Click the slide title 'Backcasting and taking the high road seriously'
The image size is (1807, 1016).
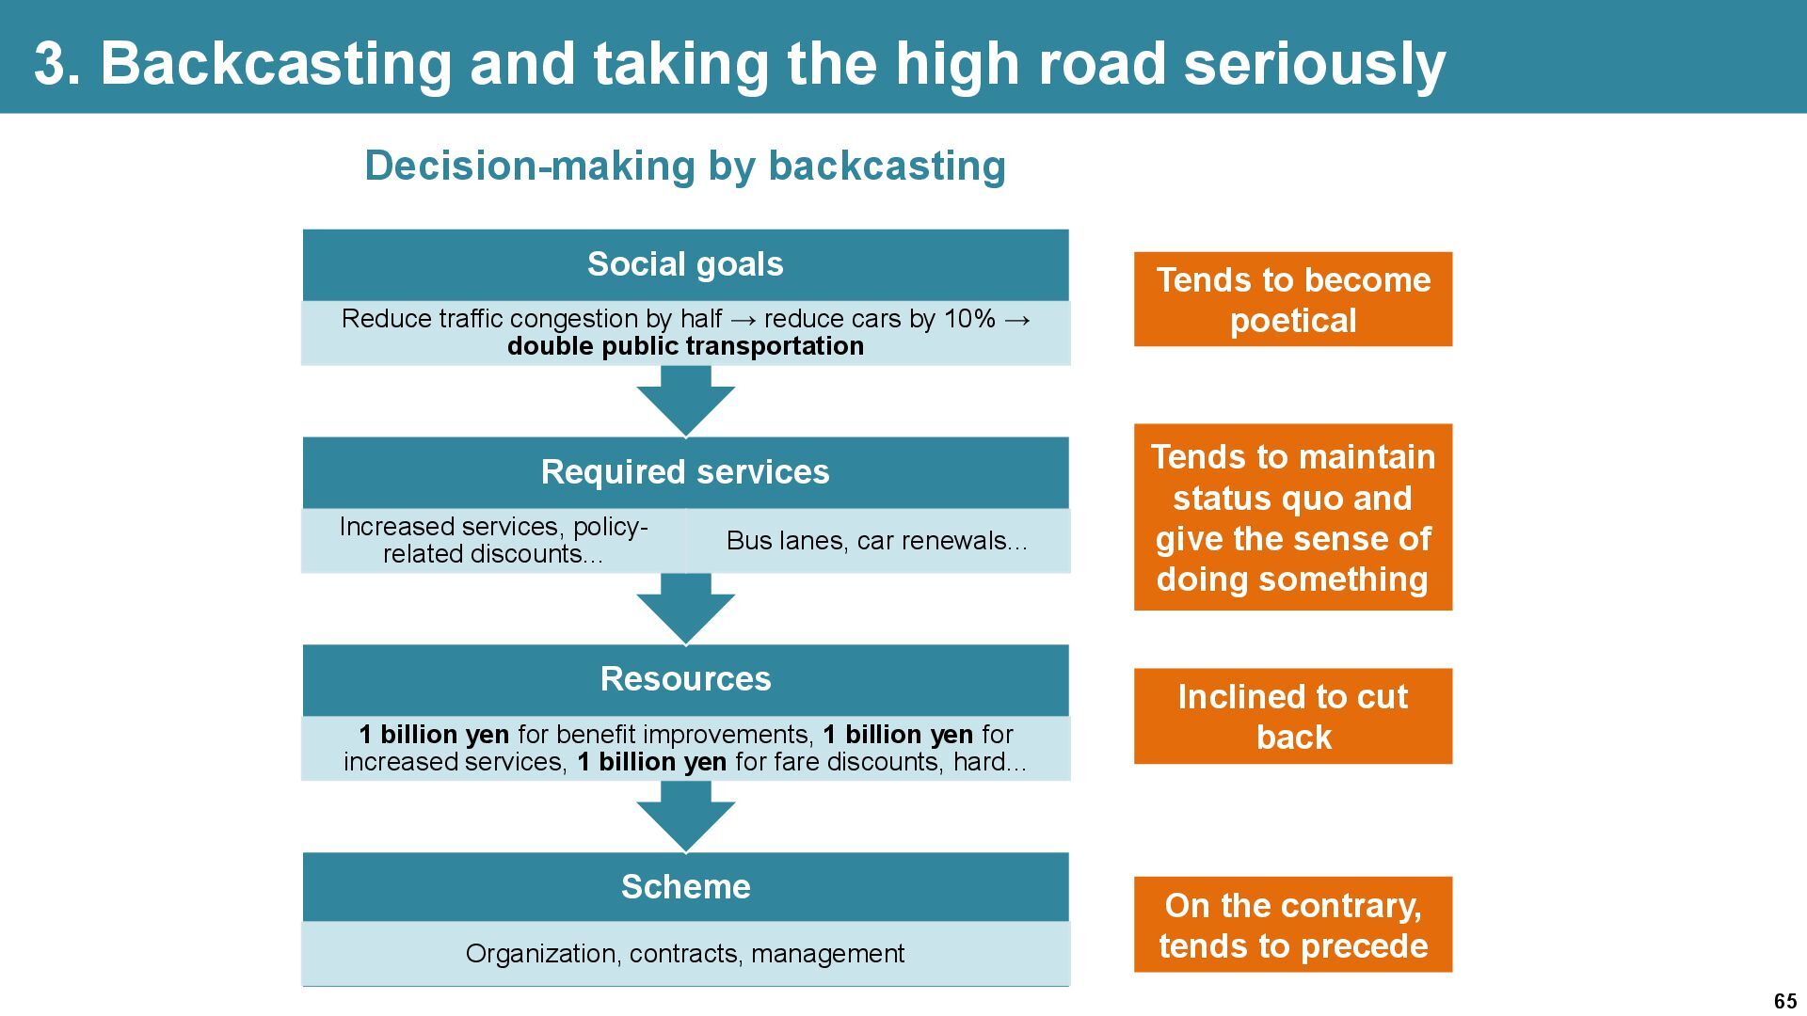740,64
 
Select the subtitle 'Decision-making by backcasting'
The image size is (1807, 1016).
685,166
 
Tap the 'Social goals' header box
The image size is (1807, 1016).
685,264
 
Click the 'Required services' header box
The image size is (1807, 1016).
685,471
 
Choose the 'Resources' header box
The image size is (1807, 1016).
685,679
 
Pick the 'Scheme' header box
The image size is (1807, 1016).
685,886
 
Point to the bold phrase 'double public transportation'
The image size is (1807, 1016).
685,346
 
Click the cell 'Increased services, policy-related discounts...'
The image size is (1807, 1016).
493,540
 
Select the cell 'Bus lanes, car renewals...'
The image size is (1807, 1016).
877,541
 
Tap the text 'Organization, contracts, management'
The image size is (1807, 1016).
685,954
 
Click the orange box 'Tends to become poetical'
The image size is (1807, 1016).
1292,299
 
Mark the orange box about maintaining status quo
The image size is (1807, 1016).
1292,517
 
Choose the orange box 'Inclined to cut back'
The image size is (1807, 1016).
1292,716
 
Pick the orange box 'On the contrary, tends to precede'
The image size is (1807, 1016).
1292,925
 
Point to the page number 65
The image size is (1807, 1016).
1784,1001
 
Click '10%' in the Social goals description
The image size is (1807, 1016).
969,319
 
